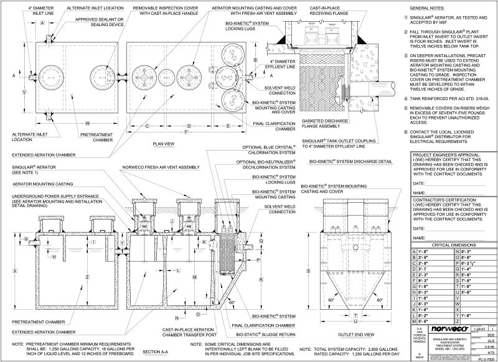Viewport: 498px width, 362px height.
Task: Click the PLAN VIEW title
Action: click(166, 143)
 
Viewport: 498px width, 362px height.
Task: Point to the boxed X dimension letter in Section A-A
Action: click(14, 271)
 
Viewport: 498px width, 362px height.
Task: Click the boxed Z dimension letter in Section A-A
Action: click(87, 276)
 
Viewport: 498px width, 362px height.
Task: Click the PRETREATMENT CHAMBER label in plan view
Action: click(96, 137)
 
